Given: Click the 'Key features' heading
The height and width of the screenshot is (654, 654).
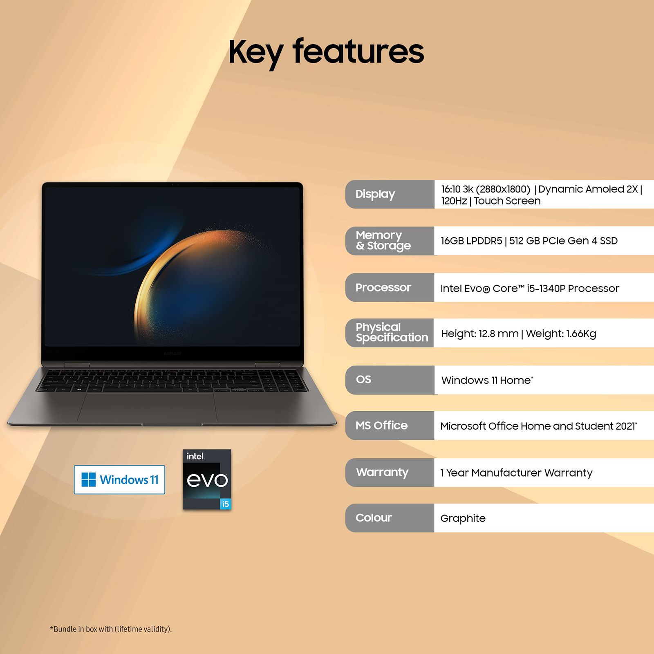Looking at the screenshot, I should click(326, 52).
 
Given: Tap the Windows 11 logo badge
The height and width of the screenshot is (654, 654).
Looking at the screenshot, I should click(119, 479).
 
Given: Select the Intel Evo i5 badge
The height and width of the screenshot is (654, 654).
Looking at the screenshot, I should click(207, 479).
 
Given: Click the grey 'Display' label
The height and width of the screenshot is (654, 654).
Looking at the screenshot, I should click(375, 194).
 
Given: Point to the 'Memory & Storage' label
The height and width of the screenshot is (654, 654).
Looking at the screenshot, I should click(383, 240).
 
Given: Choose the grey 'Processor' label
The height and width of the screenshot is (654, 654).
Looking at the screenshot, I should click(383, 288).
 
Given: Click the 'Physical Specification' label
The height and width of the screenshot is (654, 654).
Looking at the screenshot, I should click(391, 332).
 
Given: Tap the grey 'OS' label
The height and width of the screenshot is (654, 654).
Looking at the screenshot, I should click(363, 380).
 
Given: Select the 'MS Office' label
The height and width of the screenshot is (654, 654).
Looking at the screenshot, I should click(381, 426).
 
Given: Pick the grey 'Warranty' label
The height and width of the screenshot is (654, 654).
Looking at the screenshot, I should click(382, 472).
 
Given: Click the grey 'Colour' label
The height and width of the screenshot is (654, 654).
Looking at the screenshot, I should click(374, 518).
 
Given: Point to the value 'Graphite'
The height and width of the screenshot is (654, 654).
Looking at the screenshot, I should click(463, 518).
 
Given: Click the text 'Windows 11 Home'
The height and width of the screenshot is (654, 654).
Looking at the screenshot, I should click(486, 381).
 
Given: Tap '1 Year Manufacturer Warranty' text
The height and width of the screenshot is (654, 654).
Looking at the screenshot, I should click(516, 473).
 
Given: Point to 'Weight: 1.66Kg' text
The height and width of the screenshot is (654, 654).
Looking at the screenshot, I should click(561, 334).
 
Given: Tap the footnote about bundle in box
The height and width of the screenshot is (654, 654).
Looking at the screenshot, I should click(111, 629).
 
